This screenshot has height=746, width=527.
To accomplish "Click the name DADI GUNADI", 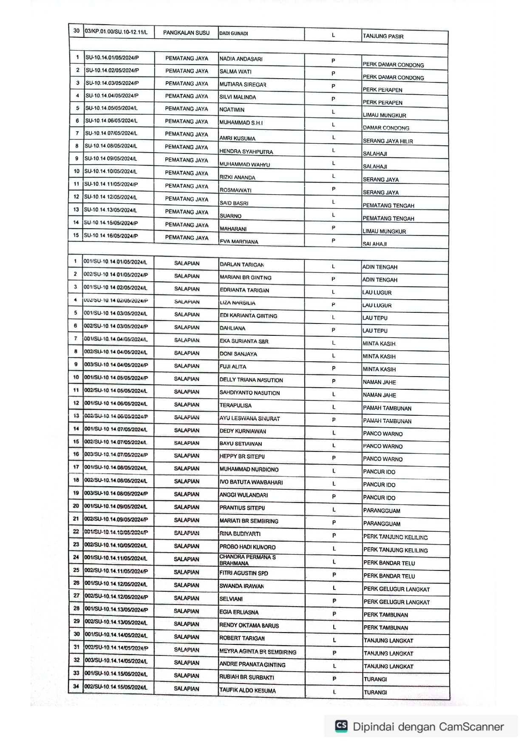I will [234, 34].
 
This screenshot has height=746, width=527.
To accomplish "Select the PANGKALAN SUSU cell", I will [186, 33].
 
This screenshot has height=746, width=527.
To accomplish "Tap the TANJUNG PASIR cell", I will [383, 37].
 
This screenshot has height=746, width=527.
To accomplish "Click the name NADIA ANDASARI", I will [241, 59].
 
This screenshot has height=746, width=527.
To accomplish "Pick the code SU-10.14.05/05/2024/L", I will [111, 108].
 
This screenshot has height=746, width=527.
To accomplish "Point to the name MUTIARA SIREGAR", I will [243, 85].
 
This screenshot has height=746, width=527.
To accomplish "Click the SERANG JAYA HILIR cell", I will [388, 141].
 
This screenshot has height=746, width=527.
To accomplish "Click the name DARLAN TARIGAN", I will [242, 265].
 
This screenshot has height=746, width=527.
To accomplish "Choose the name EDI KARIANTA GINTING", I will [248, 316].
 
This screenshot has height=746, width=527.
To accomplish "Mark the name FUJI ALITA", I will [233, 367].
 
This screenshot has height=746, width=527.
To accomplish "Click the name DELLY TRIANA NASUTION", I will [251, 380].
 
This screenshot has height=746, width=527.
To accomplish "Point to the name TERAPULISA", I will [235, 406].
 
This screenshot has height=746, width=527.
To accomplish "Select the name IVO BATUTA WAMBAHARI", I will [251, 482].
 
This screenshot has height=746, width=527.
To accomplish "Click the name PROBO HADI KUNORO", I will [247, 547].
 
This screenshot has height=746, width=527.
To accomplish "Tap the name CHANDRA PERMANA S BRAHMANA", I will [247, 560].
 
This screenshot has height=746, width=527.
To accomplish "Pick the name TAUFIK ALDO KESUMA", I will [247, 691].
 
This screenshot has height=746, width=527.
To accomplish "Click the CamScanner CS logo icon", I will [341, 726].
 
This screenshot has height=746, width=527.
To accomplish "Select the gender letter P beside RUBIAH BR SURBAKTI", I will [334, 679].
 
